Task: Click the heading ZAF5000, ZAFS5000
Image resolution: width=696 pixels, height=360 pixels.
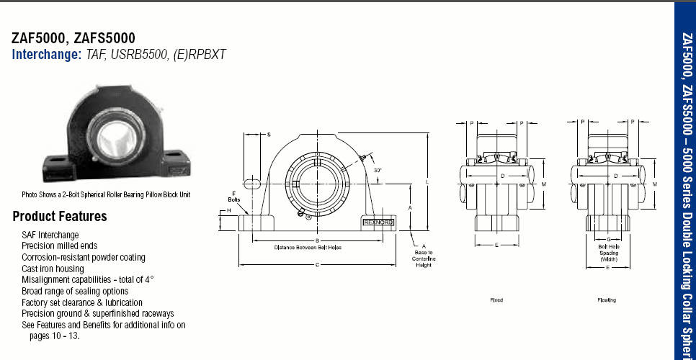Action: [73, 38]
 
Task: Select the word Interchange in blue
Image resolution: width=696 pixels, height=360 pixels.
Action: [46, 54]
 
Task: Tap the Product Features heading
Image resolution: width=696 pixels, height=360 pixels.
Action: [60, 216]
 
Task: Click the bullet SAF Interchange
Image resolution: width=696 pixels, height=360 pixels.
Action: [50, 235]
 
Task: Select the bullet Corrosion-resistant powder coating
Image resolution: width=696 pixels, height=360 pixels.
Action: [84, 257]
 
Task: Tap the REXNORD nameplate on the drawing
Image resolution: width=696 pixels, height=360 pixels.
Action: [378, 222]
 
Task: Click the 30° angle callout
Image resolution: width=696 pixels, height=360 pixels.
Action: [378, 171]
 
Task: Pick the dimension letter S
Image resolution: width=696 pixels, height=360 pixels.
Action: [269, 135]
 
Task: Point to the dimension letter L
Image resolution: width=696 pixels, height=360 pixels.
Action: [427, 182]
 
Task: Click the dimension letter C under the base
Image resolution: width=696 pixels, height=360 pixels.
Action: [317, 264]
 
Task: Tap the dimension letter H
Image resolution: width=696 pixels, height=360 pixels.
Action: [228, 210]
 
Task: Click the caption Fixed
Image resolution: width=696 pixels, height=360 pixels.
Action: [496, 300]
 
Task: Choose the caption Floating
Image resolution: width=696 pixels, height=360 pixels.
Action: [607, 300]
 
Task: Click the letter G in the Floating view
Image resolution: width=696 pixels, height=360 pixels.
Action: [609, 239]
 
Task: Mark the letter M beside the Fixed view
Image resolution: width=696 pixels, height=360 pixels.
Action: [543, 185]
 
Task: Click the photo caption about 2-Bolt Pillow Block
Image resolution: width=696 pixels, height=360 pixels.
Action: [106, 194]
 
